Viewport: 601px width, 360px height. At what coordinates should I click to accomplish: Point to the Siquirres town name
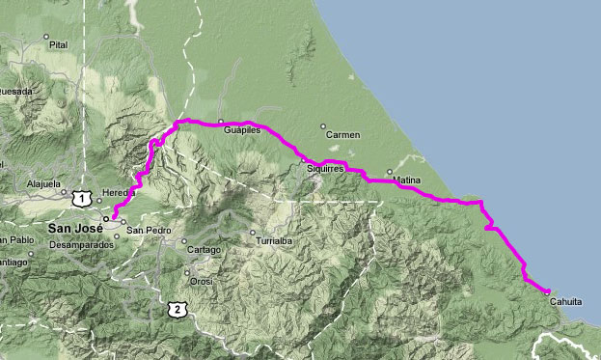tap(325, 168)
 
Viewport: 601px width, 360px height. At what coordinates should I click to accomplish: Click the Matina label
tap(406, 180)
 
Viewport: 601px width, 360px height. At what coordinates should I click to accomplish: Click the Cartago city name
tap(205, 249)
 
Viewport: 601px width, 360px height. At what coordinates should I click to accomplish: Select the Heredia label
tap(117, 193)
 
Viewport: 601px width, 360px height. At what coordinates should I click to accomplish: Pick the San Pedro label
tap(149, 231)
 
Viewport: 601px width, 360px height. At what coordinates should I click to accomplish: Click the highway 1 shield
tap(83, 198)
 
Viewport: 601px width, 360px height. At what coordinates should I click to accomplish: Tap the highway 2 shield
tap(175, 308)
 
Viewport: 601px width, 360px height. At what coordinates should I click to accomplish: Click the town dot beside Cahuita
tap(547, 291)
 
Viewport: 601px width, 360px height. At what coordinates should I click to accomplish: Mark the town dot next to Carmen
tap(323, 125)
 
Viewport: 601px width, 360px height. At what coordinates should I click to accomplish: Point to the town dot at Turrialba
tap(252, 233)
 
